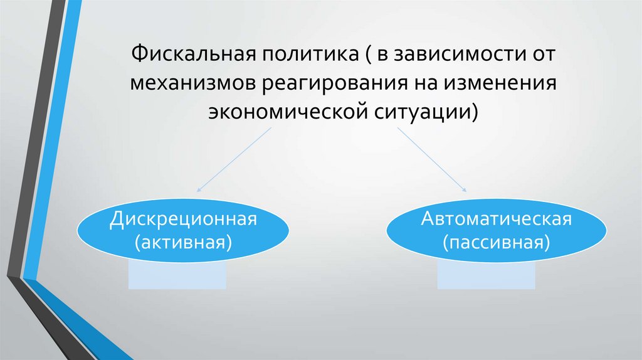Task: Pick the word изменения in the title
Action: [501, 84]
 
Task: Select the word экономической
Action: [289, 114]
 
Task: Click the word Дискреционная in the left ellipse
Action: [184, 220]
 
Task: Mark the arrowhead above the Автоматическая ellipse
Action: [465, 189]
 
